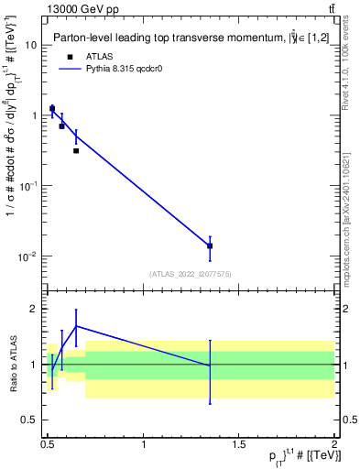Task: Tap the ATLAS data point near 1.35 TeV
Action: pos(210,245)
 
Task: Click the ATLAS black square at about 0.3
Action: pos(76,150)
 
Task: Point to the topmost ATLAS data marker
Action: pos(52,108)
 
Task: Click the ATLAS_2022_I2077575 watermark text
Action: pos(191,273)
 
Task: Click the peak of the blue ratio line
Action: pos(76,325)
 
